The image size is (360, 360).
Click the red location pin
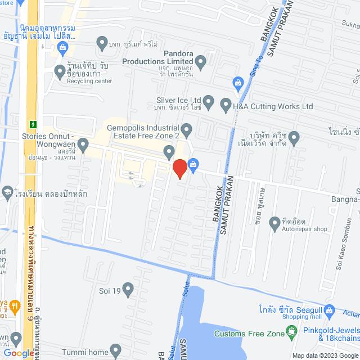click(179, 169)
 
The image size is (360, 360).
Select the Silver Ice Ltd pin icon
click(209, 102)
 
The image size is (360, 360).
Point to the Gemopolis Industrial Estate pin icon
click(187, 129)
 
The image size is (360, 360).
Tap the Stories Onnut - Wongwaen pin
click(83, 146)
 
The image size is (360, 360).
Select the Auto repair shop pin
click(275, 223)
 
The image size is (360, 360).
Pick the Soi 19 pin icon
click(128, 290)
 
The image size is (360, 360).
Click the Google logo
click(18, 353)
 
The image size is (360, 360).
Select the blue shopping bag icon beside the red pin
click(193, 165)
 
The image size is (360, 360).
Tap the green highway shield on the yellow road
click(33, 123)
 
